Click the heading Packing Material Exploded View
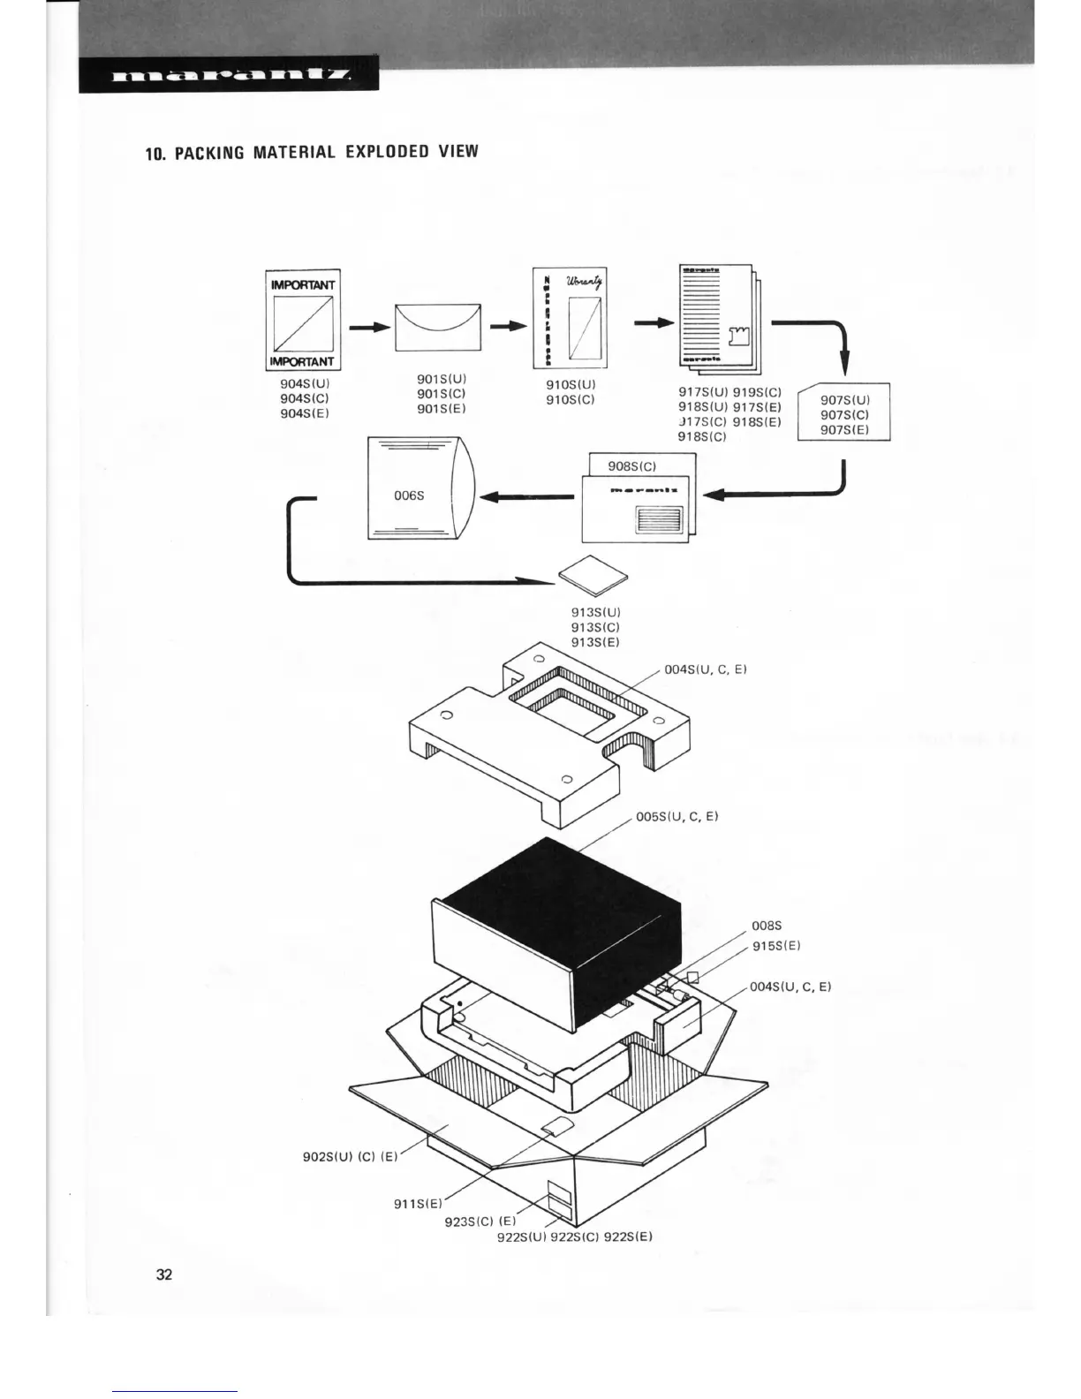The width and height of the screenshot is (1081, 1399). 312,152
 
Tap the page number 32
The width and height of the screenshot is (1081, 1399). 164,1274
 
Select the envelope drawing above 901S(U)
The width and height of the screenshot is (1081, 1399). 438,326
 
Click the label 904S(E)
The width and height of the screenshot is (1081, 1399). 304,413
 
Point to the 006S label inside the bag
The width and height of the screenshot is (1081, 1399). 409,495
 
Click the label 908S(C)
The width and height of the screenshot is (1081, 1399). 631,465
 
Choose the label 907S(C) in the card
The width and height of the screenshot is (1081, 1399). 844,414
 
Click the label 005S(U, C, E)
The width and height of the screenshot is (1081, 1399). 677,816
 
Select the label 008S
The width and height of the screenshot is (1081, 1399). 767,926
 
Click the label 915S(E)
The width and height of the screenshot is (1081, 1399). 776,946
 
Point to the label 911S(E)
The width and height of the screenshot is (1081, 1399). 418,1203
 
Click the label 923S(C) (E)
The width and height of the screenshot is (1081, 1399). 480,1222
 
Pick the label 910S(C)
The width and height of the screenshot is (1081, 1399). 571,399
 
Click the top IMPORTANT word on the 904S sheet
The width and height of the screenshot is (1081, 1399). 303,284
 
